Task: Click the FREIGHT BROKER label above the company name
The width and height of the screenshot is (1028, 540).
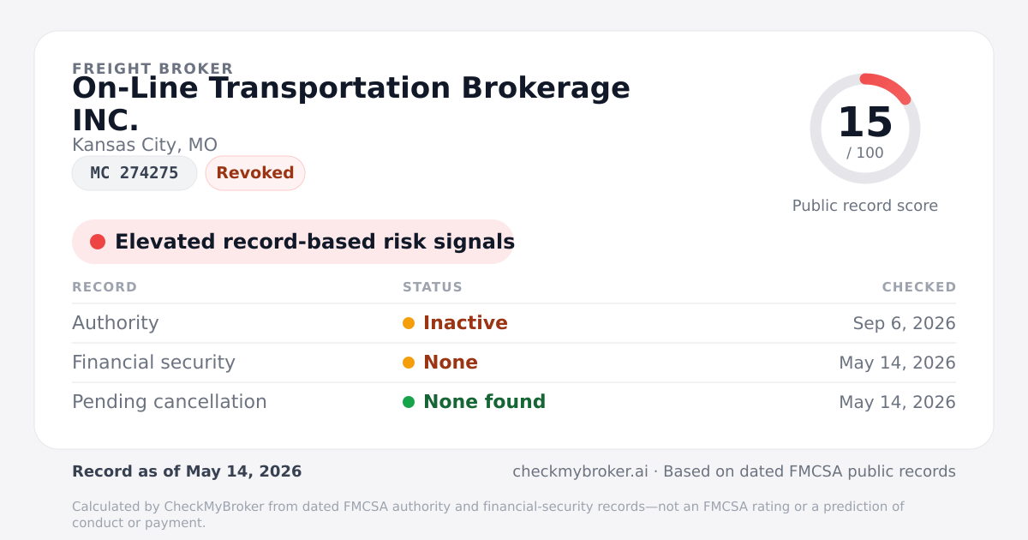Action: pos(152,69)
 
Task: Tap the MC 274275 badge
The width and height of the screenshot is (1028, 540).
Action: pos(134,173)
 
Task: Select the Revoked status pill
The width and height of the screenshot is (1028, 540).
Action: pos(255,173)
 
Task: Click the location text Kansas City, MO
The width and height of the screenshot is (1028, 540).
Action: pos(145,145)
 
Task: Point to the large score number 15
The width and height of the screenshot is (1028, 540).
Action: pos(865,122)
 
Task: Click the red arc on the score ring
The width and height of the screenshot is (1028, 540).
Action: pos(889,84)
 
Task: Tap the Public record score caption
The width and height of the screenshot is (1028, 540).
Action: pos(865,205)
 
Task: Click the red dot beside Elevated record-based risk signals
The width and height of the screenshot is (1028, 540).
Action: pos(98,242)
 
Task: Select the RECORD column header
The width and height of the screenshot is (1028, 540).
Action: pos(105,287)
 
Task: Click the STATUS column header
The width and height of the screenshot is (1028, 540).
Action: pos(433,287)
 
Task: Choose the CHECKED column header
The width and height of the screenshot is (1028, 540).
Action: pos(918,287)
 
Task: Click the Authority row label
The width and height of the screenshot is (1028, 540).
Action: pos(115,323)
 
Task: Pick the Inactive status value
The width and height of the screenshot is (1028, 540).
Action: pos(465,323)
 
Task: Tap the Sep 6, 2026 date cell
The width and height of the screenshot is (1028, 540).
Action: pos(904,323)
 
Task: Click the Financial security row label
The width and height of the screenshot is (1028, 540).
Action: pos(153,363)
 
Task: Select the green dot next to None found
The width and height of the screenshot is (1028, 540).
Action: pos(409,402)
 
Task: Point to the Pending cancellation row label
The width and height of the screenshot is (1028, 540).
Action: pos(170,402)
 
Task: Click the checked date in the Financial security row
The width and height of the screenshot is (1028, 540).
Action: pos(897,363)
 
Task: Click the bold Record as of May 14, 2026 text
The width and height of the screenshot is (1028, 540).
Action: pos(187,471)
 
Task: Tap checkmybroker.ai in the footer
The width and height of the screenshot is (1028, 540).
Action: pos(580,471)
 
